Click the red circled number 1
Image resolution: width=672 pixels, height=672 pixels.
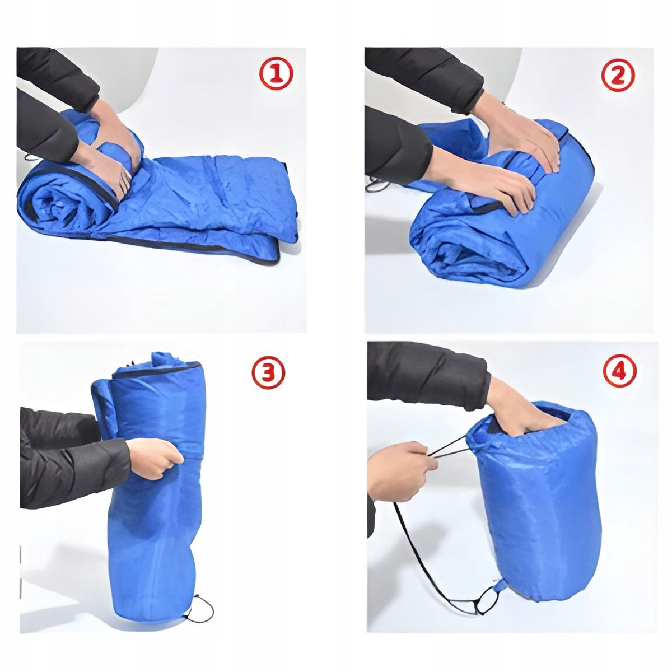(x=276, y=74)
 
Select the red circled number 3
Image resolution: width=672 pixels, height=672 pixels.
(x=269, y=372)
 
